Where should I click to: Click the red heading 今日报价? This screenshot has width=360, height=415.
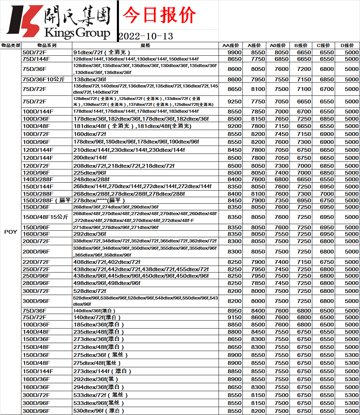click(159, 16)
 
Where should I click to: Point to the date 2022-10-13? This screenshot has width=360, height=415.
click(146, 36)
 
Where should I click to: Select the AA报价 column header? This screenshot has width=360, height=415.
click(230, 45)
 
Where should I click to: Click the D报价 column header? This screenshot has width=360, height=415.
click(347, 45)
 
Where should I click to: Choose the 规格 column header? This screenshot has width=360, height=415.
click(145, 45)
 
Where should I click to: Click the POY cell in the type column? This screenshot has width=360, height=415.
click(11, 232)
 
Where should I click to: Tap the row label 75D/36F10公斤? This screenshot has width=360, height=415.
click(44, 79)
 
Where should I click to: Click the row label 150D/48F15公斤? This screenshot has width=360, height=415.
click(45, 217)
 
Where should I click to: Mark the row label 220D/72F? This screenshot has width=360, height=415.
click(36, 262)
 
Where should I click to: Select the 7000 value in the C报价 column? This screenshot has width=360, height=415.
click(327, 194)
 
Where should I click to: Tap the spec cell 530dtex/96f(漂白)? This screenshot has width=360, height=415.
click(99, 411)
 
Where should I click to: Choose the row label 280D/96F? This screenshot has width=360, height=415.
click(36, 283)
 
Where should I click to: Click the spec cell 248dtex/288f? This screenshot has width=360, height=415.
click(91, 179)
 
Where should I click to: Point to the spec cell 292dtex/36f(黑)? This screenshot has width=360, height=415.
click(93, 379)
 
